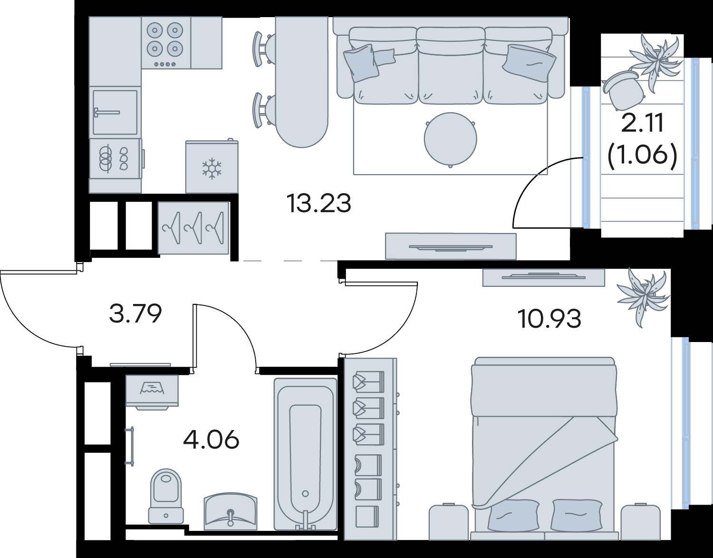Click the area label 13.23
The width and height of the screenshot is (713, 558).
click(318, 204)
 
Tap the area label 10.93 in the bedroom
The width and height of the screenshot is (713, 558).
click(549, 319)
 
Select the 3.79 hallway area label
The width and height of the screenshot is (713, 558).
click(135, 313)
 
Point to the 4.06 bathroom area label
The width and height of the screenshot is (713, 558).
click(211, 440)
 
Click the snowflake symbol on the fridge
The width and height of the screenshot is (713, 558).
click(212, 169)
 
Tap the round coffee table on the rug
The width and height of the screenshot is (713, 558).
click(450, 139)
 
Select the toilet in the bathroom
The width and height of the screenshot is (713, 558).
click(166, 500)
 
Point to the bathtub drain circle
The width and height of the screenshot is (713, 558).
click(306, 503)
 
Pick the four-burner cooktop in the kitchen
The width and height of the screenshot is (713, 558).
click(166, 43)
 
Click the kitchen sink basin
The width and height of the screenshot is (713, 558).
click(115, 112)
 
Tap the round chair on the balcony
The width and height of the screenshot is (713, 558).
click(619, 90)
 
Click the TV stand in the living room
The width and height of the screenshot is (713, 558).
click(451, 246)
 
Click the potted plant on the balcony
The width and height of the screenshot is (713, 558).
click(656, 62)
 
